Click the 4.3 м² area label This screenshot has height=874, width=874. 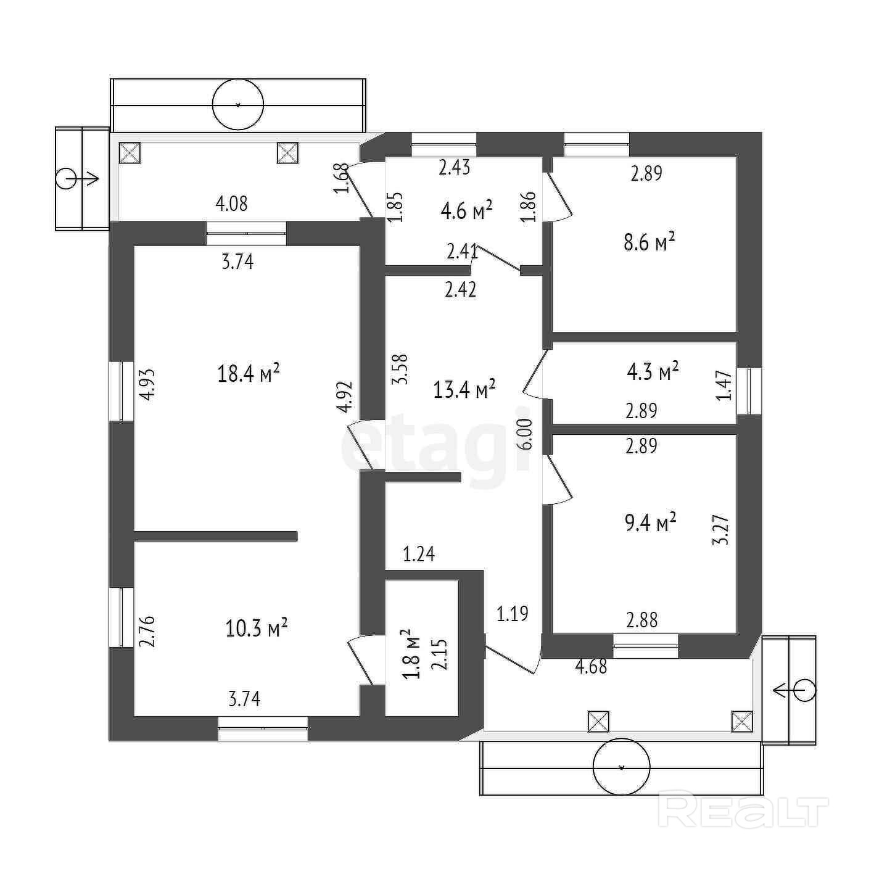click(x=653, y=371)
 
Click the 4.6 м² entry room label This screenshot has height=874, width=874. click(x=466, y=211)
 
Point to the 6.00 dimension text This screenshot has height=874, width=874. click(x=525, y=435)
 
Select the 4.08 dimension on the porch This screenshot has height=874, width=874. click(x=231, y=203)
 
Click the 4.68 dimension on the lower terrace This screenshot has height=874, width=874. click(x=591, y=666)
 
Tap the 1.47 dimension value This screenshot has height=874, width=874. click(x=725, y=385)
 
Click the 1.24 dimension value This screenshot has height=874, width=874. click(x=419, y=554)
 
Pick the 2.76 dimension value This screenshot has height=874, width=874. click(x=149, y=631)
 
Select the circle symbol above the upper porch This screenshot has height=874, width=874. click(x=238, y=105)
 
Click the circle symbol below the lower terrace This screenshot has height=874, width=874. click(x=621, y=768)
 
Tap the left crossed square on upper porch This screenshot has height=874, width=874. click(x=130, y=152)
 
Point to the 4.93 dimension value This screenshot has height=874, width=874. click(x=149, y=385)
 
